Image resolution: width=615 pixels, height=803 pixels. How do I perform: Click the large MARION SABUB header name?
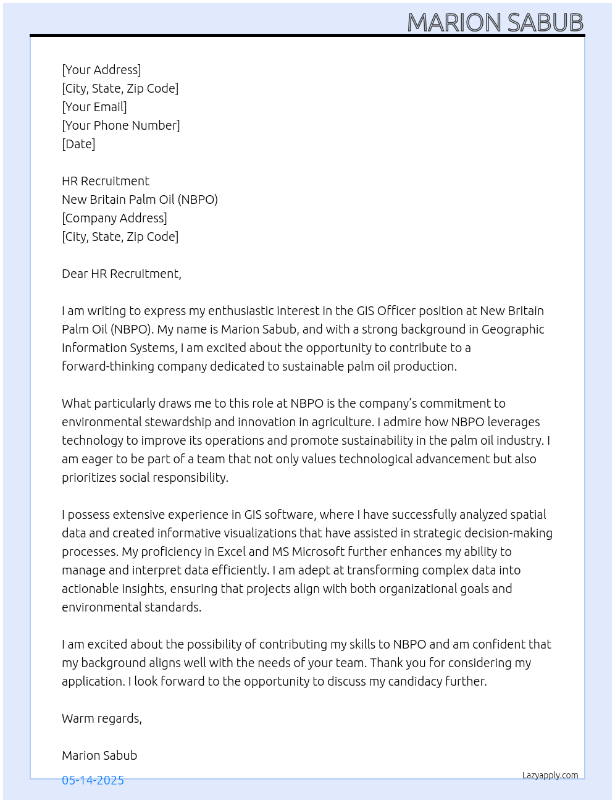point(495,22)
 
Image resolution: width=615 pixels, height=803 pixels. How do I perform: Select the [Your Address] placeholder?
point(101,70)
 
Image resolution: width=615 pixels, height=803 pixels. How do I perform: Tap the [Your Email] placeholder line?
point(94,107)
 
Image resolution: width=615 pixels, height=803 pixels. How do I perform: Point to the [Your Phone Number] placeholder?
point(121,125)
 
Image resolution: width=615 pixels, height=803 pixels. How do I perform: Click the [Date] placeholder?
point(78,144)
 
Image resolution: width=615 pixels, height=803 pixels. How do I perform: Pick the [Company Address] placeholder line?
point(114,218)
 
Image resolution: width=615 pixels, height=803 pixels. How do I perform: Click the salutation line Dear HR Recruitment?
point(122,274)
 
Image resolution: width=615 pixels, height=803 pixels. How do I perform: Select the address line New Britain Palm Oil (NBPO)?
point(140,200)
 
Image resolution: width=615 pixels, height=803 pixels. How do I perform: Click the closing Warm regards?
point(102,718)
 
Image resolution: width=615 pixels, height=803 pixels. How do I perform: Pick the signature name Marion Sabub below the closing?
point(99,755)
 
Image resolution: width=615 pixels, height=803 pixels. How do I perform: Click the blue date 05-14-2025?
point(93,780)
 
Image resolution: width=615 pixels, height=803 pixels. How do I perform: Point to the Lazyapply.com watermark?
point(550,775)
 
